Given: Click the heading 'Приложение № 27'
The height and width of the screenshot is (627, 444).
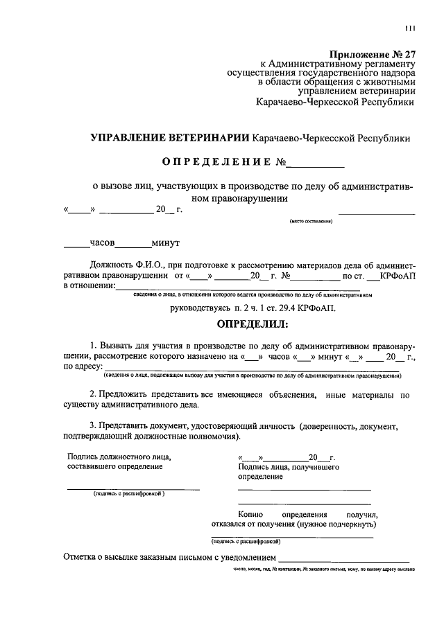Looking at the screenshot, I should (371, 53).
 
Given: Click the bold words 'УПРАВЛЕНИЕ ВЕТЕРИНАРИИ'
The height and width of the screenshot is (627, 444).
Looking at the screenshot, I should (170, 139).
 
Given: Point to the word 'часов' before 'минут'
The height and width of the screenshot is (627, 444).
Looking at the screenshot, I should (103, 243).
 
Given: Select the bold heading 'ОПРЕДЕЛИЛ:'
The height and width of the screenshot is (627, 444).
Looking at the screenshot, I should (248, 324).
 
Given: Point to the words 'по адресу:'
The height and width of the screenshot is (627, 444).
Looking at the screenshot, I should (83, 367).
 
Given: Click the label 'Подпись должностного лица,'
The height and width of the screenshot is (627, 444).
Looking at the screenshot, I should (118, 457).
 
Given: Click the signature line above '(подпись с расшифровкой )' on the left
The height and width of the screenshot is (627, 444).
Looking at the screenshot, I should (133, 489).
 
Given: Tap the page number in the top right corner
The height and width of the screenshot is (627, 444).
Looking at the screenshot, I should (410, 28).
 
